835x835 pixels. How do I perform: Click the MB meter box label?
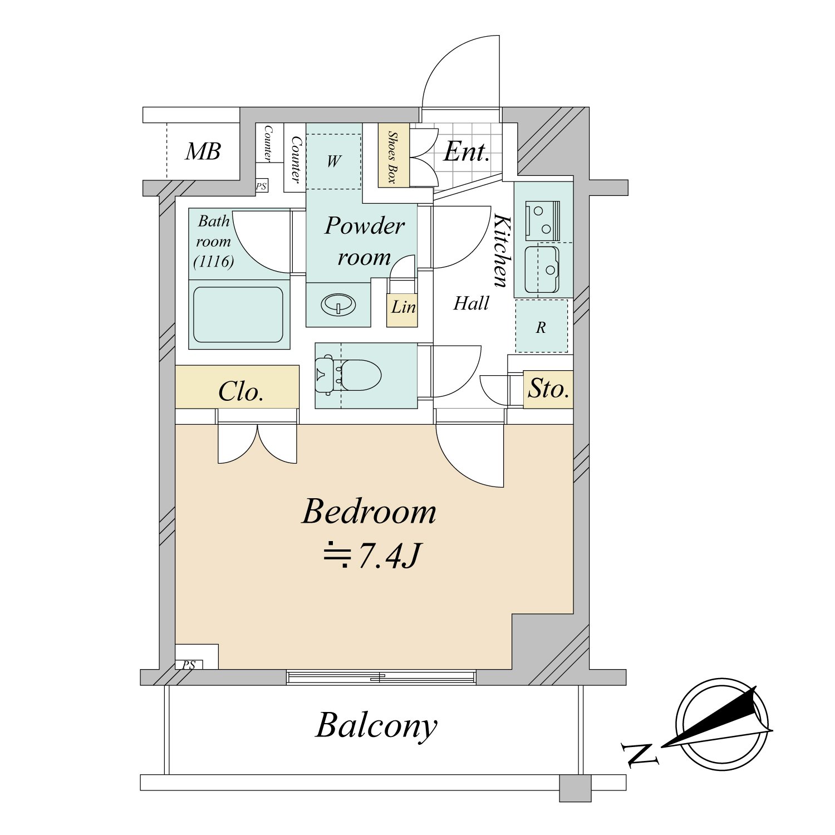pyautogui.click(x=203, y=151)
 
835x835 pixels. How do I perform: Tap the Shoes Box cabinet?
pyautogui.click(x=394, y=155)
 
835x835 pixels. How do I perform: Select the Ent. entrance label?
pyautogui.click(x=466, y=151)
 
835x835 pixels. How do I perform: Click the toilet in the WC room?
pyautogui.click(x=348, y=375)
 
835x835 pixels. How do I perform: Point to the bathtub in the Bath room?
pyautogui.click(x=238, y=315)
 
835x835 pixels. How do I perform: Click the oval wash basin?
pyautogui.click(x=338, y=305)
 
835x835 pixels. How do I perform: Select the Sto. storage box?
pyautogui.click(x=548, y=389)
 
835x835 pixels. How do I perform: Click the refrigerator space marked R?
pyautogui.click(x=542, y=326)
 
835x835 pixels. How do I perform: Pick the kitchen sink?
pyautogui.click(x=542, y=269)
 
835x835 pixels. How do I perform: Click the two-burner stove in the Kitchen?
pyautogui.click(x=542, y=220)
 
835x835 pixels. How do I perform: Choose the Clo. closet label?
pyautogui.click(x=240, y=392)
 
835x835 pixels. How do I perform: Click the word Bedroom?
pyautogui.click(x=369, y=512)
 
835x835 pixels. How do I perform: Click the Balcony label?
pyautogui.click(x=377, y=726)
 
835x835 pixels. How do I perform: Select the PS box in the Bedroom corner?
pyautogui.click(x=189, y=665)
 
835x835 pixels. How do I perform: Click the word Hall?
pyautogui.click(x=471, y=303)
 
